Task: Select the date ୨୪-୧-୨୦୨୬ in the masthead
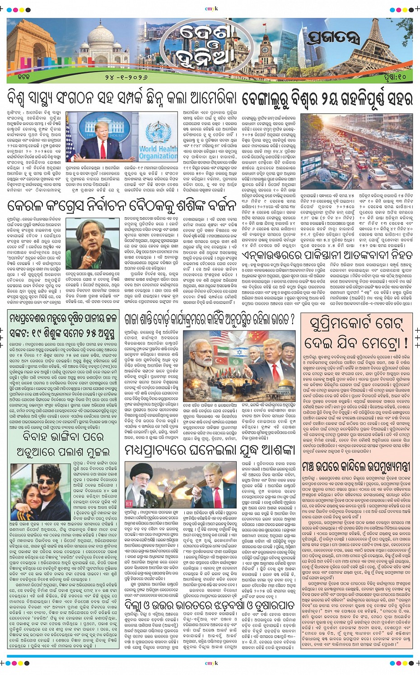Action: click(126, 77)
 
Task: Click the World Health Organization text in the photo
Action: click(158, 152)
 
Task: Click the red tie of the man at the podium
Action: click(103, 149)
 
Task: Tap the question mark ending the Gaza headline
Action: click(291, 320)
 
